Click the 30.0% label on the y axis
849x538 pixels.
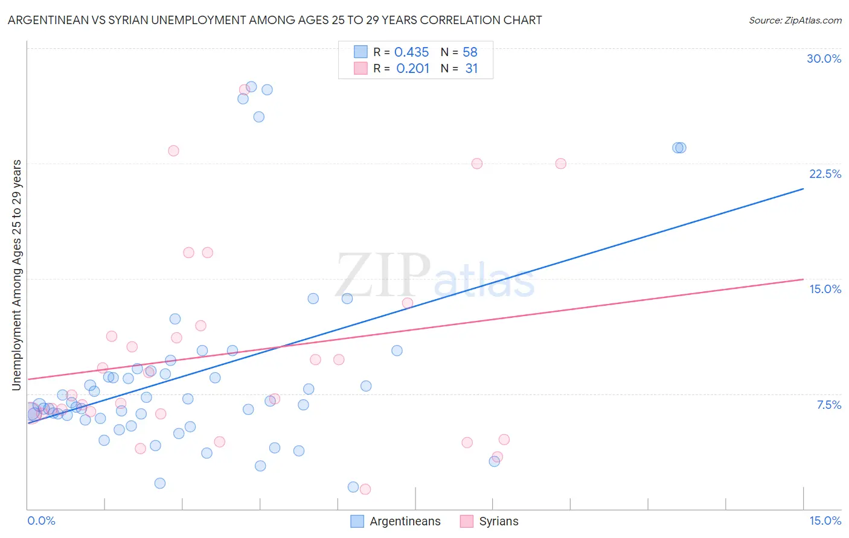824,59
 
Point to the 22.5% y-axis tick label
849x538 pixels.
825,174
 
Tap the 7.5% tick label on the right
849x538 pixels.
828,405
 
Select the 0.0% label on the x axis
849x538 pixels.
41,521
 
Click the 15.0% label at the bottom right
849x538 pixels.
825,521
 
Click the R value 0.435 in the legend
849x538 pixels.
411,52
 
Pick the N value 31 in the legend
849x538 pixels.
471,69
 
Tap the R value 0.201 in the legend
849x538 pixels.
412,69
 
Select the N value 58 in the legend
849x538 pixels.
470,52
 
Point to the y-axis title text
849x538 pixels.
17,275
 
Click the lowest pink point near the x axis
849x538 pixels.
365,489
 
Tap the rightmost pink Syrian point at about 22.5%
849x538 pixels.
560,163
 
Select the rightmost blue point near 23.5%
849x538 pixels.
681,148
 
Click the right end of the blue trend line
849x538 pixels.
803,189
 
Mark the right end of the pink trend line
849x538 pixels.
803,279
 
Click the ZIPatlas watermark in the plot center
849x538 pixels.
435,276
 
